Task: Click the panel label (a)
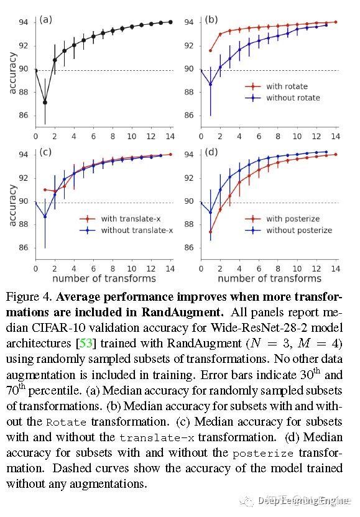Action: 46,19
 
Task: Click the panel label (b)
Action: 211,19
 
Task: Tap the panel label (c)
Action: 46,152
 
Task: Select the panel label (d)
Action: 211,152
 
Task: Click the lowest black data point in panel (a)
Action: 45,102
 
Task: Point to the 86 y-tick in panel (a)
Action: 24,116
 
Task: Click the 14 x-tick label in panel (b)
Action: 336,135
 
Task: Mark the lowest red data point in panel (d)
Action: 210,232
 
